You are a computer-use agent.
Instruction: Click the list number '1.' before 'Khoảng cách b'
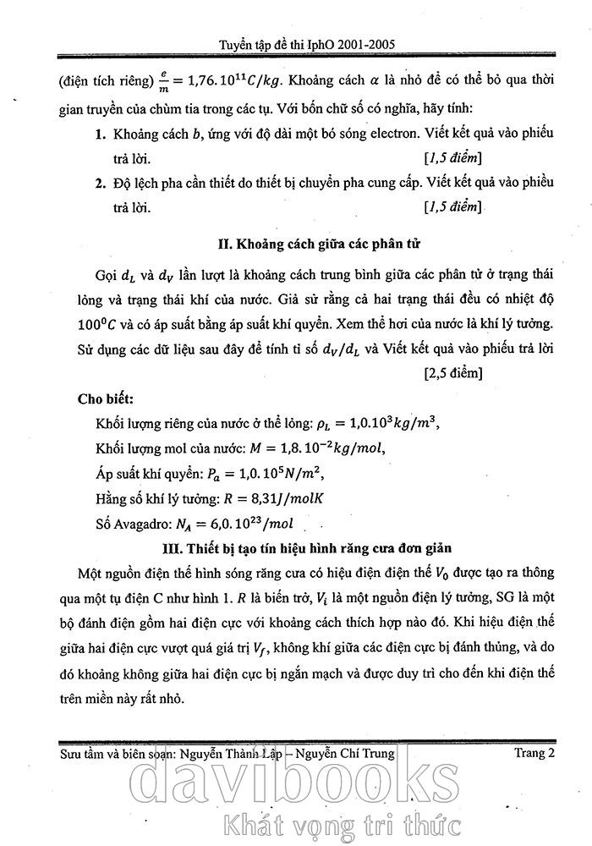tap(100, 135)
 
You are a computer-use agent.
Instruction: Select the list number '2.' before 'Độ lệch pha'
tap(100, 183)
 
